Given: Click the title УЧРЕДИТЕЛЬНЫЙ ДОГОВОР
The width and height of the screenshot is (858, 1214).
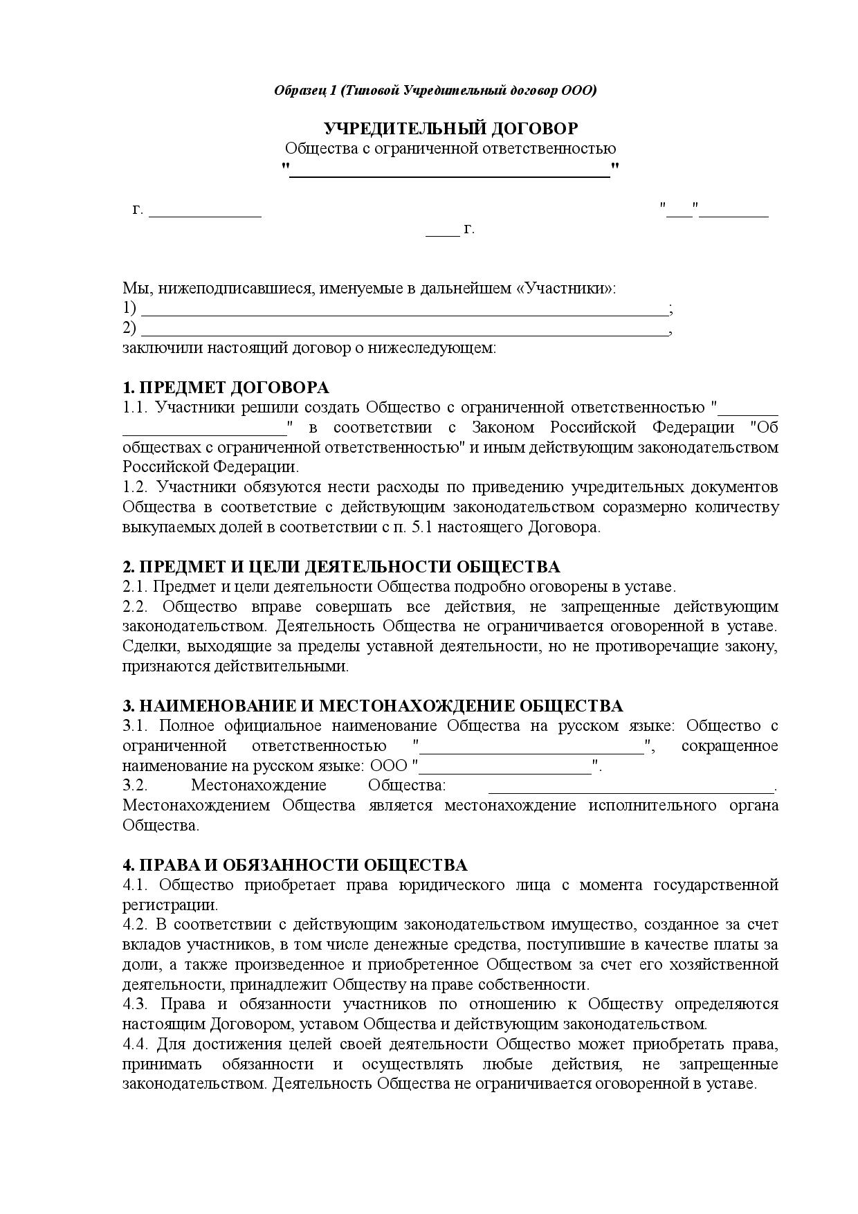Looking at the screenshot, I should [450, 129].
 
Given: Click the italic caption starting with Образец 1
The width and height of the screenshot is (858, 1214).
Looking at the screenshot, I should [435, 91].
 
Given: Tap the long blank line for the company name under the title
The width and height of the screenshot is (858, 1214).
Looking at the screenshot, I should [450, 176].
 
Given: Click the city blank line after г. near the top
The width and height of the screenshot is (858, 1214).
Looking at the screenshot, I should [206, 215].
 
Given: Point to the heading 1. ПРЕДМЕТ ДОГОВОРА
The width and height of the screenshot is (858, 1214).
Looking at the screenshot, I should [226, 388].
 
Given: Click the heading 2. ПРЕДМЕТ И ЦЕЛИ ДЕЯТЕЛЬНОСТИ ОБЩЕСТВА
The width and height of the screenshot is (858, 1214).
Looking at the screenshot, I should [341, 567].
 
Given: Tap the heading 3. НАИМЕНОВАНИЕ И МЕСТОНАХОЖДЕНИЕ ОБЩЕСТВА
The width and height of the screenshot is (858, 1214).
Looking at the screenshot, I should [373, 706].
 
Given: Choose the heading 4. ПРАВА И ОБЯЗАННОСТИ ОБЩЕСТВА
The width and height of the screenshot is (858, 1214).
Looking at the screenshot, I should [295, 865].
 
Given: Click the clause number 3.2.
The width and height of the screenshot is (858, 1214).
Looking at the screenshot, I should [135, 786].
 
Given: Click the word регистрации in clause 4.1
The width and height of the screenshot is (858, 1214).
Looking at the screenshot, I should [170, 905].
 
